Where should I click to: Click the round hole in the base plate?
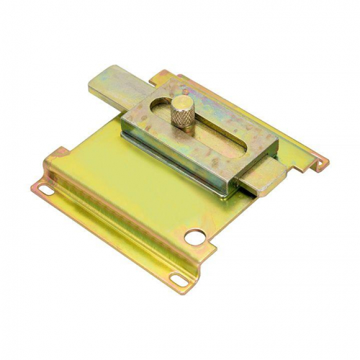[195, 235]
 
